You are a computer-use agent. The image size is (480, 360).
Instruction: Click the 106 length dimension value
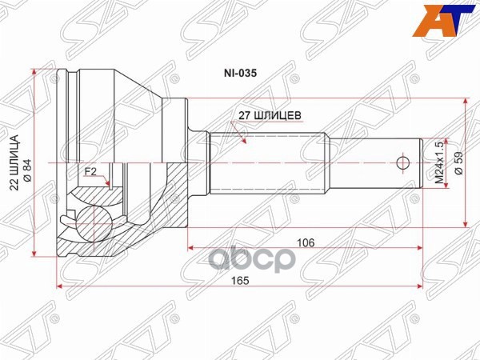tap(303, 241)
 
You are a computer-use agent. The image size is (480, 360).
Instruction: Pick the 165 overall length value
tap(239, 280)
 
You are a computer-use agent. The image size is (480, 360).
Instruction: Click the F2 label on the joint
tap(90, 171)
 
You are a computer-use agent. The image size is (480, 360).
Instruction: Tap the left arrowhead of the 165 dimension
tap(58, 286)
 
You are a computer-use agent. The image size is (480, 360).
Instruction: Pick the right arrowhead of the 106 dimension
tap(420, 247)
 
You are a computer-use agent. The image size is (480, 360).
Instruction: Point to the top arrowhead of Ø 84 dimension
tap(35, 74)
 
